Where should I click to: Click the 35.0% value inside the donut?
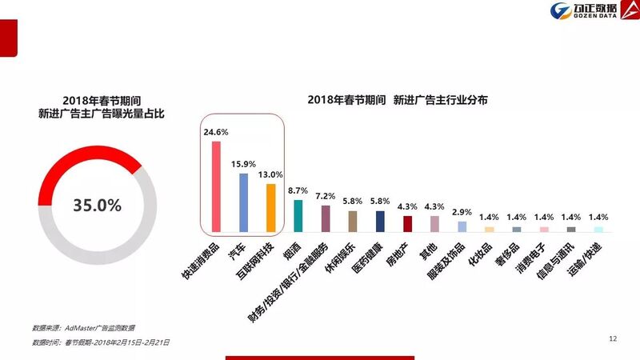(x=97, y=205)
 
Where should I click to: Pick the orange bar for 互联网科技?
(x=270, y=207)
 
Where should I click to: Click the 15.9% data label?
(x=243, y=163)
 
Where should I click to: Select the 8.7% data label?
(x=298, y=190)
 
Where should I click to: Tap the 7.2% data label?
(x=326, y=196)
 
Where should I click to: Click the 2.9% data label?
(x=462, y=212)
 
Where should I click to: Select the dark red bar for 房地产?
(x=408, y=223)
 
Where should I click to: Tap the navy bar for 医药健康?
(x=380, y=221)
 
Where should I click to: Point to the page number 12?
(x=613, y=339)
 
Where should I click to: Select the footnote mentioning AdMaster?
(x=83, y=329)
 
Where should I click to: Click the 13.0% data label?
(x=270, y=174)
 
